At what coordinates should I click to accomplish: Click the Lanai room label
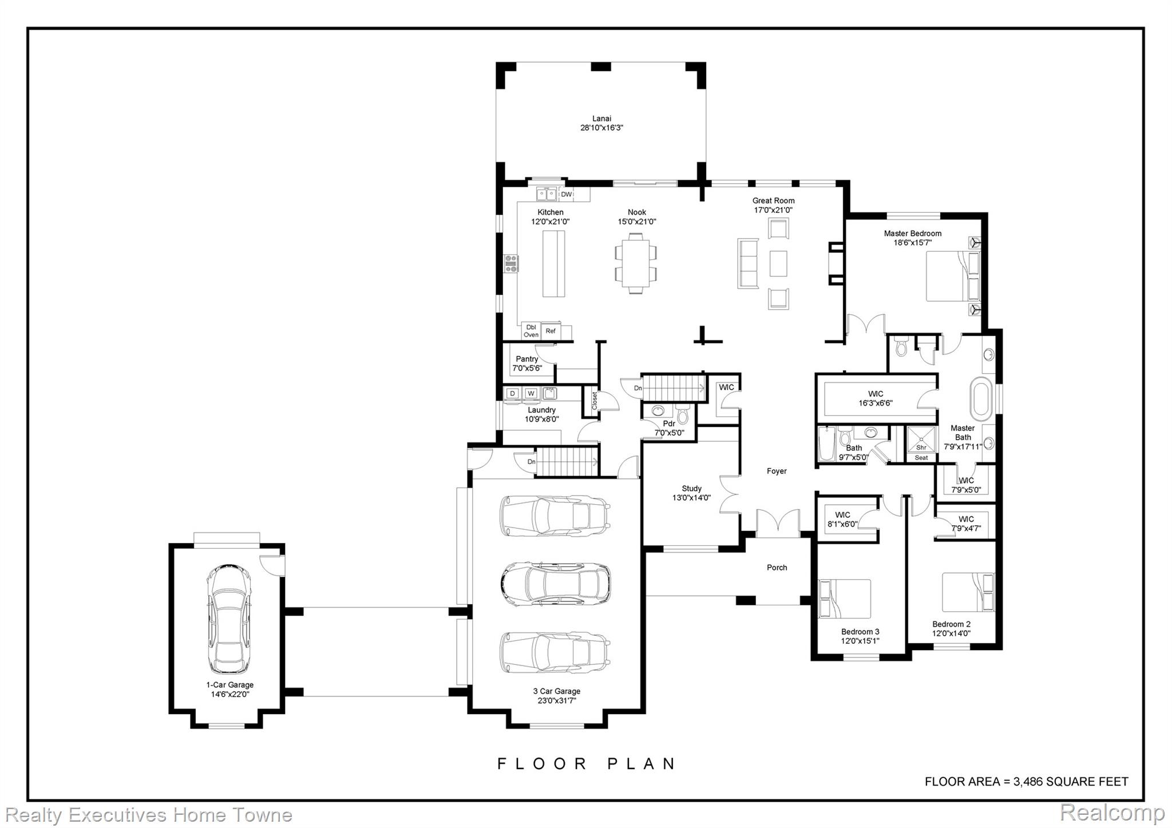pos(601,119)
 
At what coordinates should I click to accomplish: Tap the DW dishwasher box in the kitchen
pos(566,195)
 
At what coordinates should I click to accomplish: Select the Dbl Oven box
pos(531,331)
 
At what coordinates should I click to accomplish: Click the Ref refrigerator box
pos(551,331)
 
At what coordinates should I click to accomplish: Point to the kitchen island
pos(553,263)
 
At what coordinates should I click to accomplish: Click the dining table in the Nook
pos(636,263)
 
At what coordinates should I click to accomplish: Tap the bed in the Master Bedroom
pos(953,276)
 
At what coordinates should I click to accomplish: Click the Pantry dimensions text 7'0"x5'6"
pos(527,368)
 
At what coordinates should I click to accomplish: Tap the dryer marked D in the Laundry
pos(513,393)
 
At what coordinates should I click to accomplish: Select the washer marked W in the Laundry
pos(531,393)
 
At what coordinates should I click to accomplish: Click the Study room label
pos(691,488)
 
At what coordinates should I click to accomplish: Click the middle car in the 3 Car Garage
pos(555,584)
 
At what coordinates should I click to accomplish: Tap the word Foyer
pos(777,471)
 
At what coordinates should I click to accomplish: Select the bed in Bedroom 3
pos(845,599)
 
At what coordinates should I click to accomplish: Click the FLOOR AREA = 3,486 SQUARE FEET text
pos(1027,782)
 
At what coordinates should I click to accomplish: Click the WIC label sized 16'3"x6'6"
pos(876,394)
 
